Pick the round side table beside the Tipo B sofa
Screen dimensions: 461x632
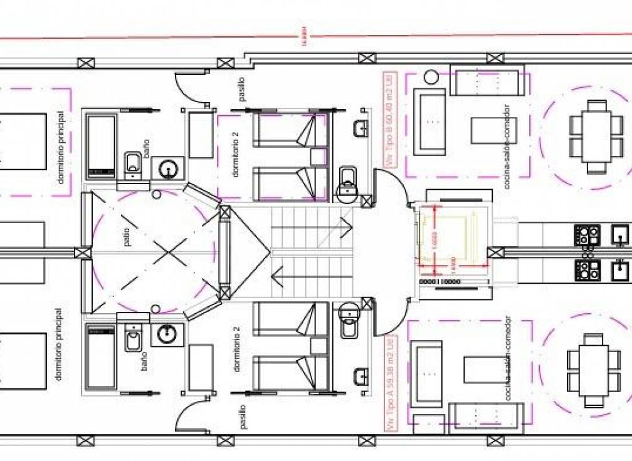pyautogui.click(x=431, y=78)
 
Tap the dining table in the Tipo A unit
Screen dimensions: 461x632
pyautogui.click(x=592, y=371)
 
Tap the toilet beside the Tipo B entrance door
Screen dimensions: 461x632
pyautogui.click(x=347, y=184)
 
